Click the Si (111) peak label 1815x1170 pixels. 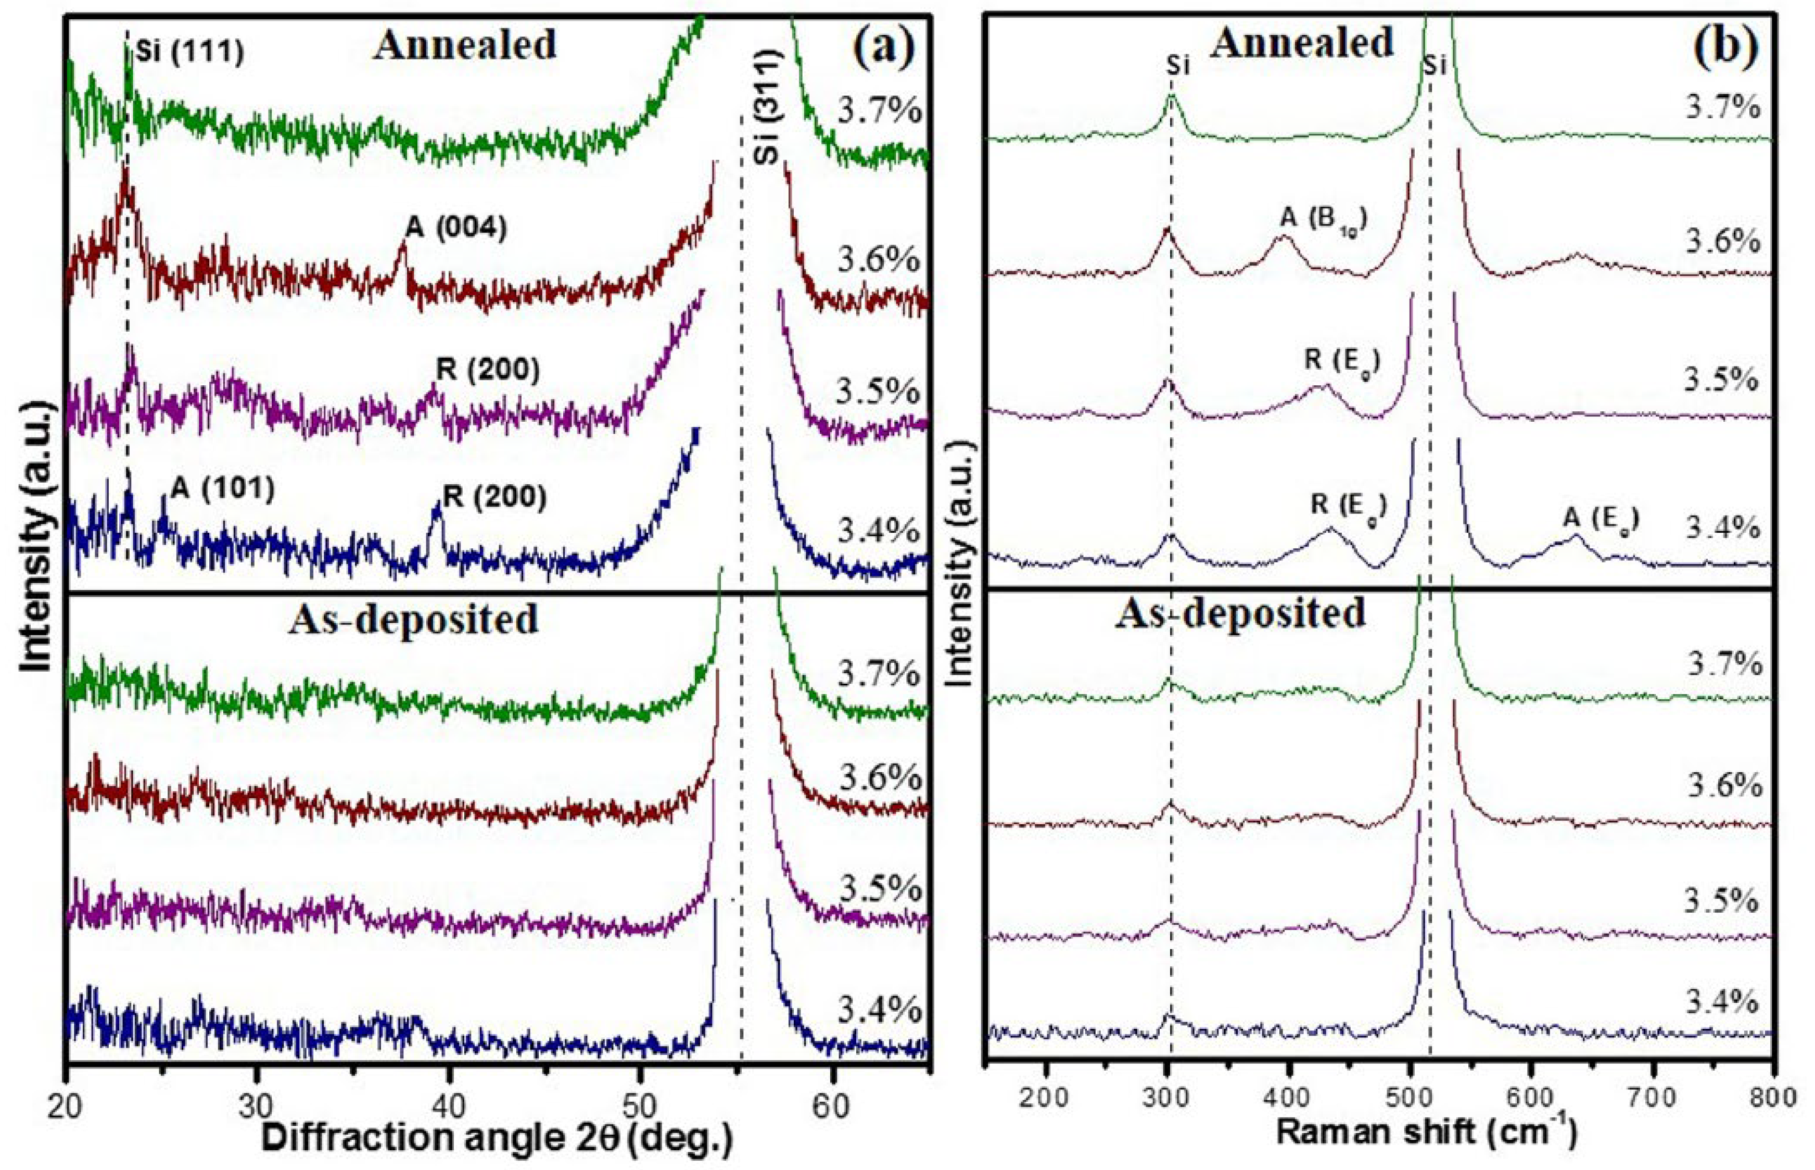click(190, 54)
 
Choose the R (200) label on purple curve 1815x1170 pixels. click(488, 371)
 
